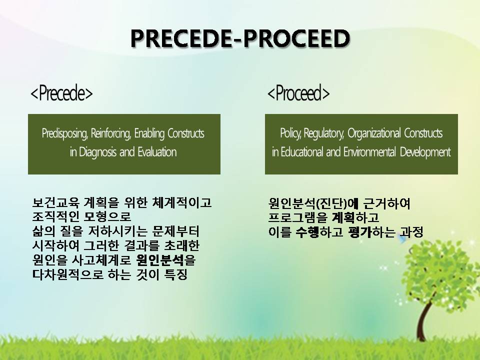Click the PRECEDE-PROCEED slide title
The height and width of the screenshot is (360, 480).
(x=240, y=38)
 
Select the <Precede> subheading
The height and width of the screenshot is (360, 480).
(x=61, y=93)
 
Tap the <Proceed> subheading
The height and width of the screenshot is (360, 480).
(x=298, y=93)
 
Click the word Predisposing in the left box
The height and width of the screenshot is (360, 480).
(x=65, y=133)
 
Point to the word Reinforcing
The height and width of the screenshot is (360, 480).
(x=111, y=133)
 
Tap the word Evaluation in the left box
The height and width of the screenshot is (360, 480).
(x=157, y=152)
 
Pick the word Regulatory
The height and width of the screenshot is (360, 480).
(x=324, y=133)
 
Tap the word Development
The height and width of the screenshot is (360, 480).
(x=425, y=152)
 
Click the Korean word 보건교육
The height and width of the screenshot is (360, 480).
(x=55, y=202)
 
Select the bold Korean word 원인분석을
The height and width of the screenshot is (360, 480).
(x=165, y=260)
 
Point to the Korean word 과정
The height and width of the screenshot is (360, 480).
(x=411, y=232)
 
